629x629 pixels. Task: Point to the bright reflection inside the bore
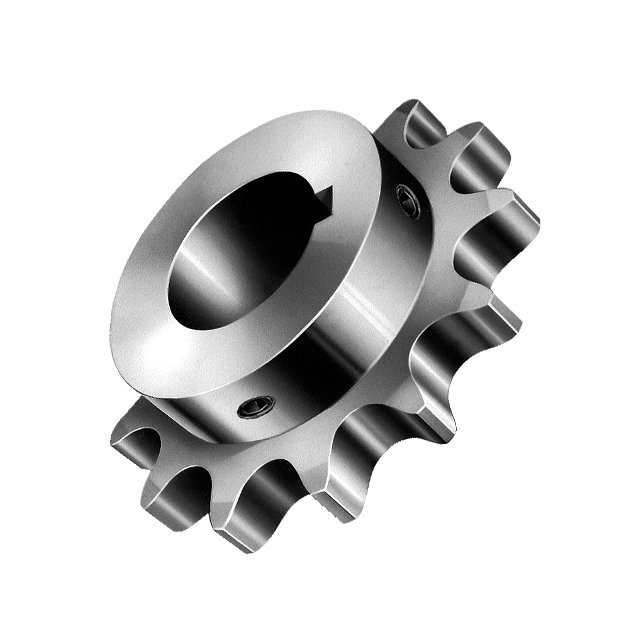click(x=189, y=264)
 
